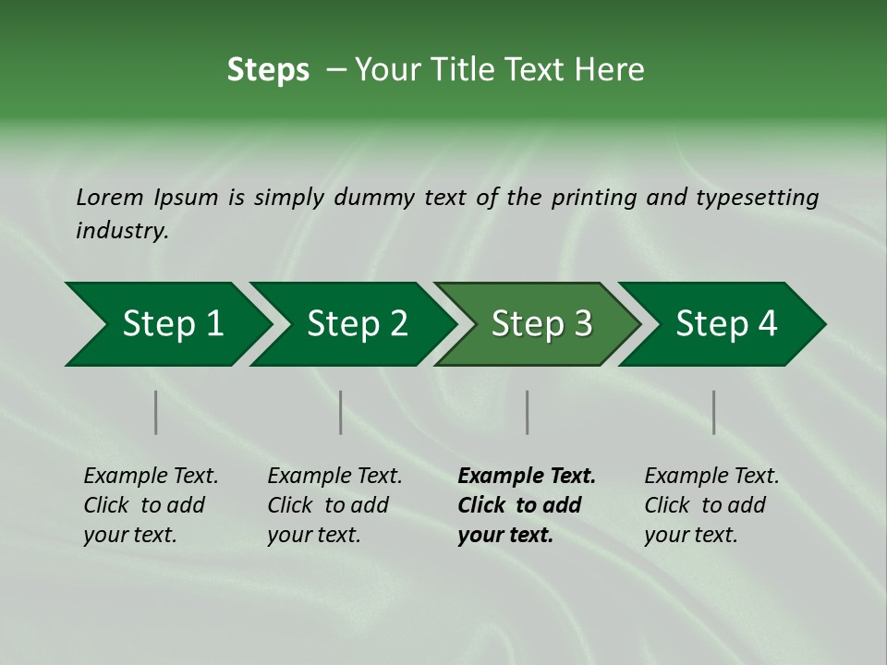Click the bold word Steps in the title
(x=268, y=70)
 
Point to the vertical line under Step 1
(x=156, y=412)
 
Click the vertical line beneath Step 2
(x=341, y=412)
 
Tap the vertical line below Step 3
(x=527, y=412)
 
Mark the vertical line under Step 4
(x=713, y=412)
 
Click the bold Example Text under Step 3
(x=527, y=477)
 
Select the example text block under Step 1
(x=151, y=505)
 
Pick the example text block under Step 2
(x=334, y=505)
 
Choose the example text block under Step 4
(x=711, y=505)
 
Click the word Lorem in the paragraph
(x=109, y=198)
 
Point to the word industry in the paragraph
(x=121, y=231)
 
